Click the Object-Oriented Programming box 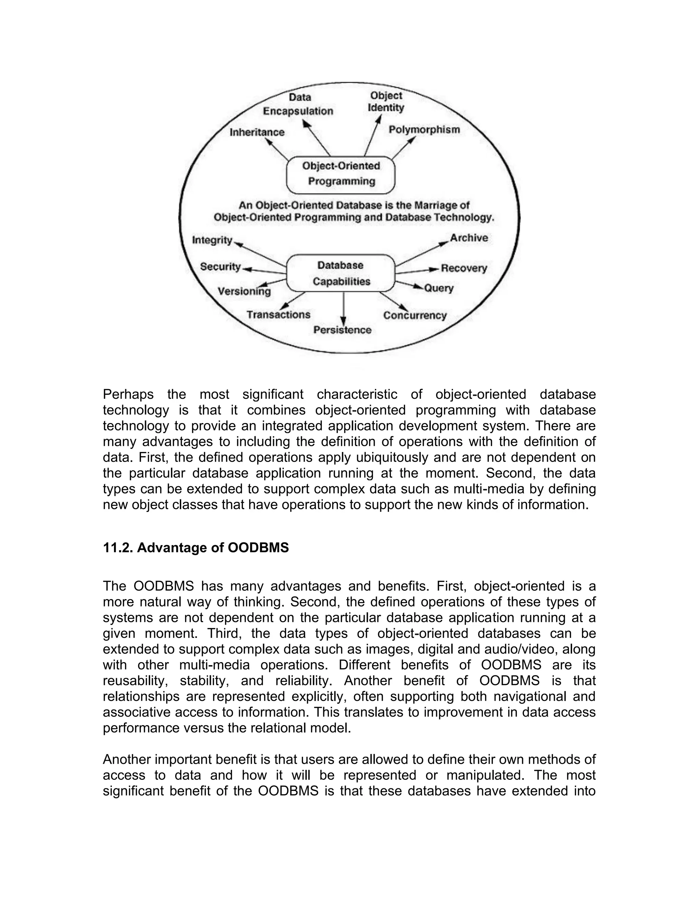click(341, 174)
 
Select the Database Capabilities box click(341, 273)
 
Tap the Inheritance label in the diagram click(257, 132)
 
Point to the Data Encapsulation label click(299, 104)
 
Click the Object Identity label click(386, 102)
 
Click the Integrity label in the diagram click(212, 240)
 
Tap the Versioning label click(244, 291)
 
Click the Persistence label click(342, 330)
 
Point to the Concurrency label click(415, 316)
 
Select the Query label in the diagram click(439, 288)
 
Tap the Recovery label click(464, 268)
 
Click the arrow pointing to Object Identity click(372, 134)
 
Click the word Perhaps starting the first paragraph click(128, 394)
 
